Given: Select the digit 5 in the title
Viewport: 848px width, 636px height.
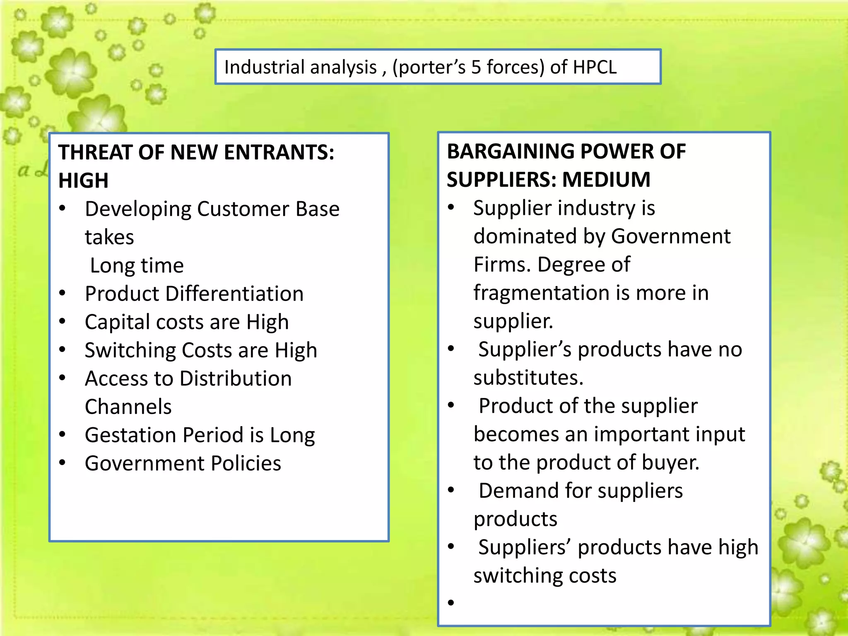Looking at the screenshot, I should click(476, 67).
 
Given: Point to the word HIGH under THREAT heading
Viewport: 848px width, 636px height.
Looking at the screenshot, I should click(83, 181).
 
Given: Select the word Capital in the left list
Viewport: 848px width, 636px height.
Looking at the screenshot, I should click(115, 322).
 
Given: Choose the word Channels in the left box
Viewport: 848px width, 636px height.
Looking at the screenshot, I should click(128, 407).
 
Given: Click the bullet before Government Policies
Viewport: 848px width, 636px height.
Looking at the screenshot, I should click(62, 463).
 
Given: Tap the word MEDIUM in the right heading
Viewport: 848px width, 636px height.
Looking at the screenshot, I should click(606, 180).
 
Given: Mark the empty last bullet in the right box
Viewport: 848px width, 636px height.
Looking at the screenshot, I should click(451, 602).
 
